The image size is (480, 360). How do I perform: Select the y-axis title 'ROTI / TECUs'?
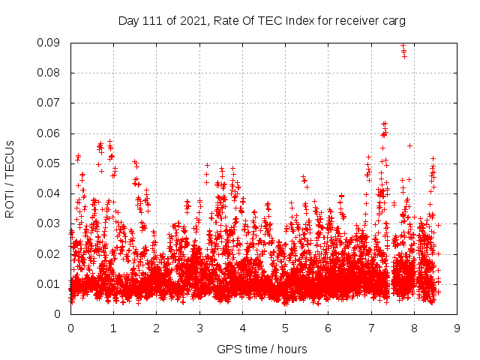tap(10, 178)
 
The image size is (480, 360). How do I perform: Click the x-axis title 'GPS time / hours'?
tap(262, 349)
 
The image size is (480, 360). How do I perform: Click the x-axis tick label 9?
tap(457, 328)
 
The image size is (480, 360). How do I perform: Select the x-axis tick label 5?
tap(285, 328)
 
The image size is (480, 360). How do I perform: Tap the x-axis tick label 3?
tap(199, 328)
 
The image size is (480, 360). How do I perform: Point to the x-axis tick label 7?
tap(371, 328)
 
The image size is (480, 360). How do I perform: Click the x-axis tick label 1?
tap(113, 328)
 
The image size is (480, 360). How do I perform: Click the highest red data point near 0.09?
tap(403, 45)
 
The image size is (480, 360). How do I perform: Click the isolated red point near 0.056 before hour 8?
tap(409, 145)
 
